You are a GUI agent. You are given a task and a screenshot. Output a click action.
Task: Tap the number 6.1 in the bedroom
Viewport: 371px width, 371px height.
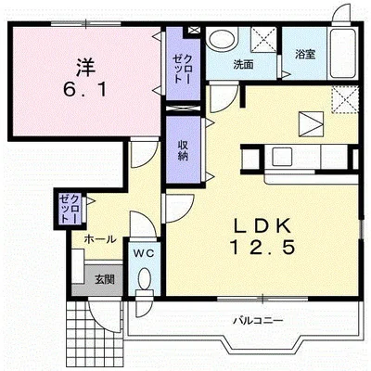click(x=85, y=90)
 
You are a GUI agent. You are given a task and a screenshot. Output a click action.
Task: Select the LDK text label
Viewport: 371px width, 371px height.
click(x=262, y=225)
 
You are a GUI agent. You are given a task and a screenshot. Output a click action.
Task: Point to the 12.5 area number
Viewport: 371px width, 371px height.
click(x=262, y=248)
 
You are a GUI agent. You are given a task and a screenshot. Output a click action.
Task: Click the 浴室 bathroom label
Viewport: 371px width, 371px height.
click(x=305, y=55)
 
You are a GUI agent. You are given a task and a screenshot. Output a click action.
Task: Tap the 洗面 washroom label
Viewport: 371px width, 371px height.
click(x=244, y=65)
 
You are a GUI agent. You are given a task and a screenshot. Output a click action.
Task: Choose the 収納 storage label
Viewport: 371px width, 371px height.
click(x=183, y=150)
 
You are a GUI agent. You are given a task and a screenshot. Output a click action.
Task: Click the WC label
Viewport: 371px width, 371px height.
click(x=144, y=253)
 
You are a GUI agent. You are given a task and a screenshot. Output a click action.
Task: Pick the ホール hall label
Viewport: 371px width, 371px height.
click(x=100, y=239)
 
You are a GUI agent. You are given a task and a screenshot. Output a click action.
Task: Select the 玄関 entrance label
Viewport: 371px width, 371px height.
click(x=105, y=279)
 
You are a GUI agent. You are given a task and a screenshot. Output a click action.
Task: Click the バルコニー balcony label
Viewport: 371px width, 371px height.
click(x=258, y=321)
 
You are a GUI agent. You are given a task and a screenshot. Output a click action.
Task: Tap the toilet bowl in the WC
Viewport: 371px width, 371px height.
click(x=145, y=280)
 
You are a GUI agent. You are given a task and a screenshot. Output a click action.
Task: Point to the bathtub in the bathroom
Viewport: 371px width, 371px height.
click(x=342, y=53)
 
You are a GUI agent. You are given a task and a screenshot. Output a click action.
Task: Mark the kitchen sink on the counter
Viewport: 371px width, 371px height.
click(x=282, y=156)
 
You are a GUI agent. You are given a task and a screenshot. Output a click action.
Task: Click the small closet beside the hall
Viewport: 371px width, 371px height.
click(x=70, y=209)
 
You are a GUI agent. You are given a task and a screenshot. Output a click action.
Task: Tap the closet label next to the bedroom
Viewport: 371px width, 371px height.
click(x=183, y=68)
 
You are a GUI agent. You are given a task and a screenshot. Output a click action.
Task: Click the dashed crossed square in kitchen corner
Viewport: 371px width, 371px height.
click(x=345, y=100)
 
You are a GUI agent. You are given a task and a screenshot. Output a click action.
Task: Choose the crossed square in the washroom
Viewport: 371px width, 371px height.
click(x=263, y=39)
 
